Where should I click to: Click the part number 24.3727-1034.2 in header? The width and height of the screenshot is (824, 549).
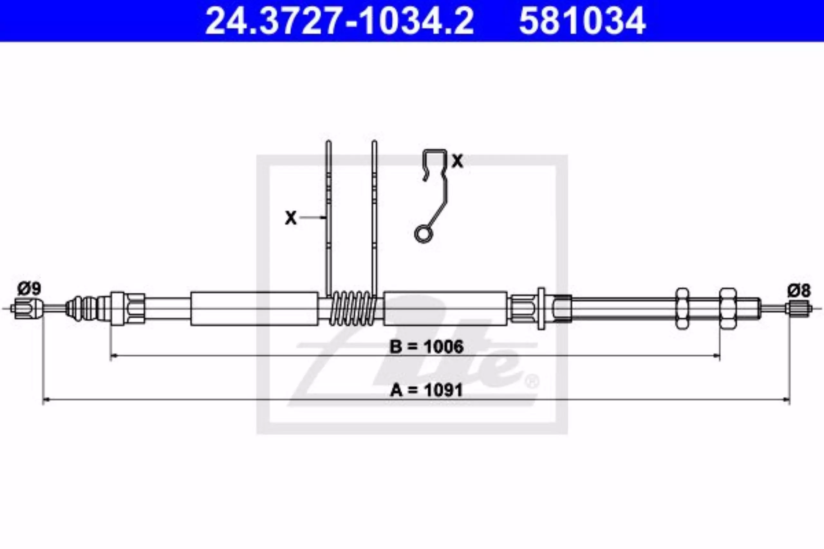[340, 21]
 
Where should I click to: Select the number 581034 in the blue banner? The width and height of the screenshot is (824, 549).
[582, 21]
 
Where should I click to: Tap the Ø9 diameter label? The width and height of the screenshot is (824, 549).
[29, 289]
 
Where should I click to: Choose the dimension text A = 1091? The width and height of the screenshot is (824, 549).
[427, 390]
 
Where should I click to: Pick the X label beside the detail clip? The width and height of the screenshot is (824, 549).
[457, 161]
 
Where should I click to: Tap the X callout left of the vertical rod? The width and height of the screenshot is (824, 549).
[291, 218]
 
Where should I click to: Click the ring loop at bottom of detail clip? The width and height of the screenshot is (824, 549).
[424, 234]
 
